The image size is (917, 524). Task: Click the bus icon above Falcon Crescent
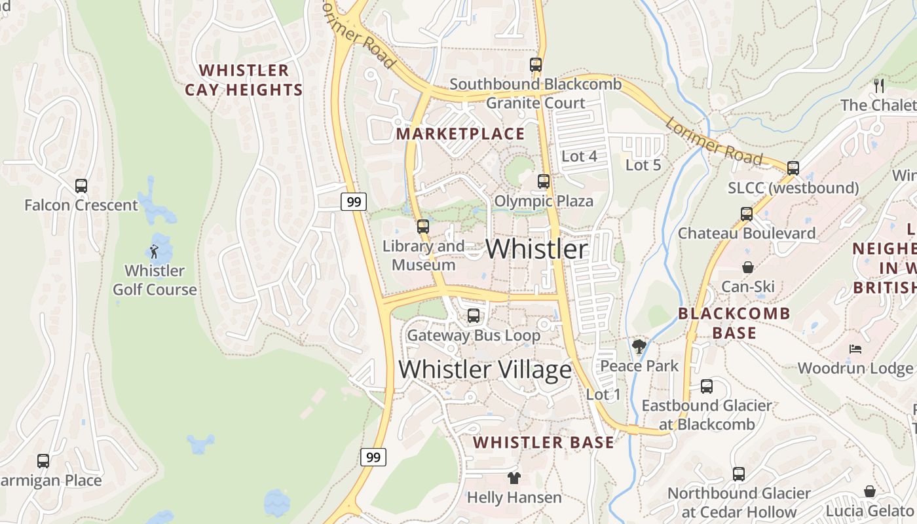[81, 186]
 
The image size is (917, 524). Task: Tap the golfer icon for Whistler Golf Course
[154, 251]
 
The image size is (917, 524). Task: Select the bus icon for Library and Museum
[423, 227]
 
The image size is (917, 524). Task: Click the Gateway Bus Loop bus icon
[474, 316]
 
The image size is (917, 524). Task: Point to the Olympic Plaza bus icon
[544, 181]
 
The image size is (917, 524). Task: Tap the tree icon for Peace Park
[639, 346]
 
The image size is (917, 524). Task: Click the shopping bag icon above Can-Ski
[747, 267]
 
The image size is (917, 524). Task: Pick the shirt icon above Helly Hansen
[514, 478]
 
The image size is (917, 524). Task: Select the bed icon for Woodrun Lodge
[855, 348]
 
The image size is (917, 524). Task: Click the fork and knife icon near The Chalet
[879, 85]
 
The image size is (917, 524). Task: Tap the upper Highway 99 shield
[354, 202]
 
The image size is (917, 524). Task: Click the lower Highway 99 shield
[373, 457]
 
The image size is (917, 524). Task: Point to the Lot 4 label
[580, 156]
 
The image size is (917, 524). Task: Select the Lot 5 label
[643, 165]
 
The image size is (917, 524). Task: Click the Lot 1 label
[603, 394]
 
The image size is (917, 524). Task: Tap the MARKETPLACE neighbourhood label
[460, 134]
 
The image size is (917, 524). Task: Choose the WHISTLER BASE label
[544, 443]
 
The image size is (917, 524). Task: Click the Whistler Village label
[485, 369]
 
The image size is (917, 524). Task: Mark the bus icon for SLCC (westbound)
[793, 168]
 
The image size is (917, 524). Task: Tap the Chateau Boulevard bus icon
[747, 214]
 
